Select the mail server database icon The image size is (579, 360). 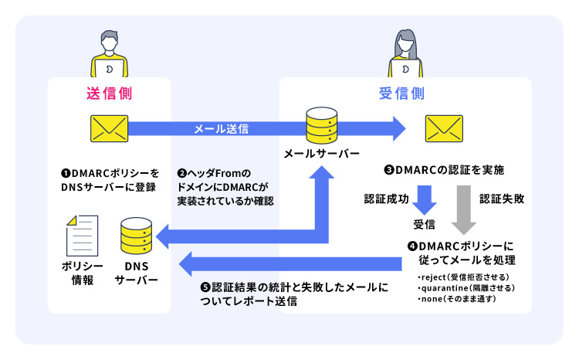coord(321,124)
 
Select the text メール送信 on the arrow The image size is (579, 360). coord(220,129)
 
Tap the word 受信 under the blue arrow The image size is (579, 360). coord(424,226)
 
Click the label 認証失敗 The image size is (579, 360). coord(502,199)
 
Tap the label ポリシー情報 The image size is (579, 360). coord(78,273)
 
